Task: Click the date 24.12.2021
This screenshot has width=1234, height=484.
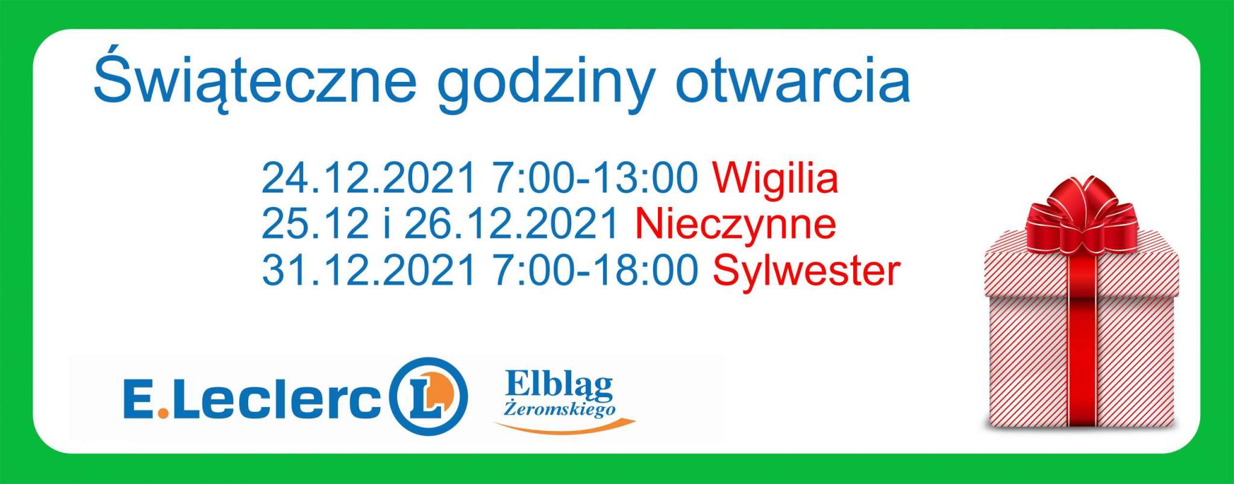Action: [x=369, y=178]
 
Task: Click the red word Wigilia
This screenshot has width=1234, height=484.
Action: [x=775, y=179]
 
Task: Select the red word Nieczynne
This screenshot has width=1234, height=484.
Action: [x=736, y=225]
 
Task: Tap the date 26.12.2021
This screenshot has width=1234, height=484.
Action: [x=512, y=224]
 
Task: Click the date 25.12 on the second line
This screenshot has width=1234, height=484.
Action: [x=315, y=224]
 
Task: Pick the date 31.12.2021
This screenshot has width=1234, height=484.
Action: [x=369, y=271]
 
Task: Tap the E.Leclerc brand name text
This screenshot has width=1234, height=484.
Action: [x=252, y=398]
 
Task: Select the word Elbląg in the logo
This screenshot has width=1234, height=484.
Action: [x=559, y=386]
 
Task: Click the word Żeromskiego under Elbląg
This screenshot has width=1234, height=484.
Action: [x=559, y=410]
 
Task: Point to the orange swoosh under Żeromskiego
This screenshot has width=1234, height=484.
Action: [x=565, y=428]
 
